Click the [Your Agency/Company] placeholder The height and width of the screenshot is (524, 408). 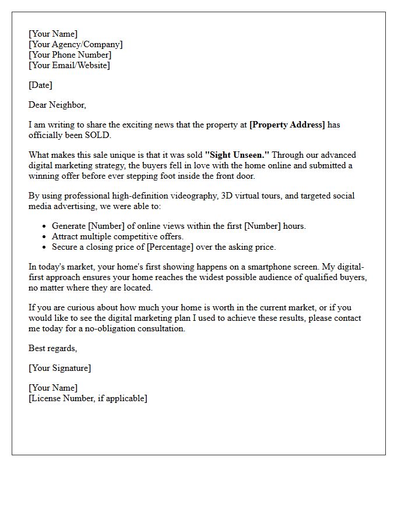coord(75,44)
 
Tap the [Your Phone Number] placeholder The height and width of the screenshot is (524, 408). coord(70,55)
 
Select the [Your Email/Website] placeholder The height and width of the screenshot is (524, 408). coord(69,65)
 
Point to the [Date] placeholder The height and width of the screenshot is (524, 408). coord(40,85)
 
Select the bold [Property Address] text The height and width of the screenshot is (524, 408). coord(287,125)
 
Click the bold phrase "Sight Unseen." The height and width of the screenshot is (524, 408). coord(237,155)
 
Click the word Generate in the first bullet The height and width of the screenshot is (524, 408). coord(68,226)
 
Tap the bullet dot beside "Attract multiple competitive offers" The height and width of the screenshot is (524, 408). coord(45,237)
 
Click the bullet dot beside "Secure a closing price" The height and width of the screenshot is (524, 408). coord(45,247)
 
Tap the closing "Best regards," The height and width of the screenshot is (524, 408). coord(53,348)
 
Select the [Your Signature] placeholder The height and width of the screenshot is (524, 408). coord(59,368)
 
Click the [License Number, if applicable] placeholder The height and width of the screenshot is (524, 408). coord(88,398)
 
